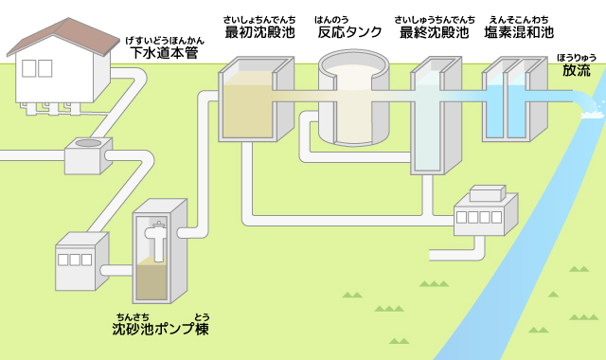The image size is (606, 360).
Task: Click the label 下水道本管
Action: [x=166, y=52]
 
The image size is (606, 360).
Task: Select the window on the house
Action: [x=36, y=68]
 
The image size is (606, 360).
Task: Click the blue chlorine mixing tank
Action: [x=511, y=104]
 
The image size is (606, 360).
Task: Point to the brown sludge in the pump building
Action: [x=151, y=281]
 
